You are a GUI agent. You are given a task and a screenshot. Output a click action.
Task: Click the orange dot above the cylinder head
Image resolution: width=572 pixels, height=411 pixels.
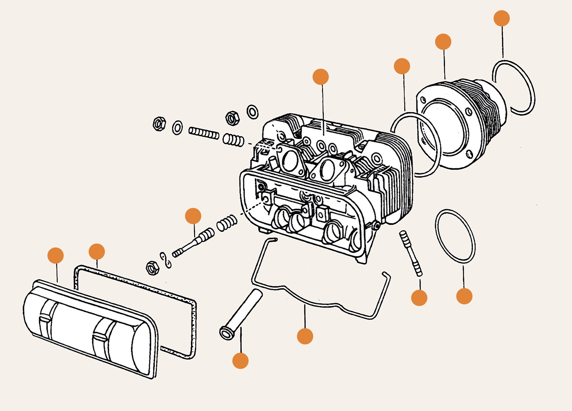pyautogui.click(x=320, y=77)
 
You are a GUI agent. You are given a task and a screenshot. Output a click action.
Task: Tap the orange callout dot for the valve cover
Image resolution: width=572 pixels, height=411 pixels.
pyautogui.click(x=56, y=255)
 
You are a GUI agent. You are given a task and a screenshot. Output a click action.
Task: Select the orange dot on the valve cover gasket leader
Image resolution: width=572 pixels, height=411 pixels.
pyautogui.click(x=96, y=252)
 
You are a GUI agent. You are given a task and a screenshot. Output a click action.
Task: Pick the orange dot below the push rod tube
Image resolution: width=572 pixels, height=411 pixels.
pyautogui.click(x=240, y=360)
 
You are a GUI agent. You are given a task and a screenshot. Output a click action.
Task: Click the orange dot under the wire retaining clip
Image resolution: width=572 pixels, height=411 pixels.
pyautogui.click(x=305, y=336)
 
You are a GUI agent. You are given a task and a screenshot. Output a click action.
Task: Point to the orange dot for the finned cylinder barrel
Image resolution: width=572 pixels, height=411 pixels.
pyautogui.click(x=443, y=42)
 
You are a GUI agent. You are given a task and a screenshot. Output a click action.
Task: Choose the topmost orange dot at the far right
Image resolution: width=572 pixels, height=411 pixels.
pyautogui.click(x=501, y=18)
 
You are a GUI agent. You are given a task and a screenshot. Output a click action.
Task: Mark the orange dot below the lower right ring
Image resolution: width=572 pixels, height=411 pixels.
pyautogui.click(x=464, y=296)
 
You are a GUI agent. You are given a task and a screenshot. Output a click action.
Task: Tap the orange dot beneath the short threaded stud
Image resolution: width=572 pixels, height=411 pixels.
pyautogui.click(x=419, y=297)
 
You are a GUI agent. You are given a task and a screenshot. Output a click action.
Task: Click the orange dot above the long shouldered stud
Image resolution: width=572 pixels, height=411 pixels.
pyautogui.click(x=193, y=216)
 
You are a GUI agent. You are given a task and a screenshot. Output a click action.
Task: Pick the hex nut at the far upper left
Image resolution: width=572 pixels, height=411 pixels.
pyautogui.click(x=159, y=124)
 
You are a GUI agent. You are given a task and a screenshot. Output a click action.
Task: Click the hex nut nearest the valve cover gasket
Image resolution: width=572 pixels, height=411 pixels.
pyautogui.click(x=152, y=268)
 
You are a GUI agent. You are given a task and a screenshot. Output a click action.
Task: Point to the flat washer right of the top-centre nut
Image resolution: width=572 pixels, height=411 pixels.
pyautogui.click(x=252, y=112)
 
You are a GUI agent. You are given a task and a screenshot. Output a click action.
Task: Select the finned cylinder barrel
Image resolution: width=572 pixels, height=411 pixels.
pyautogui.click(x=461, y=122)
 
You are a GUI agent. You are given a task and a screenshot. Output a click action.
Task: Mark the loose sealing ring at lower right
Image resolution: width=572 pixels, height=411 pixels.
pyautogui.click(x=455, y=236)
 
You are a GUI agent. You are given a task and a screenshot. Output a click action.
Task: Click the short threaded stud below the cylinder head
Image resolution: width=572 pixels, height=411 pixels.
pyautogui.click(x=411, y=253)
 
